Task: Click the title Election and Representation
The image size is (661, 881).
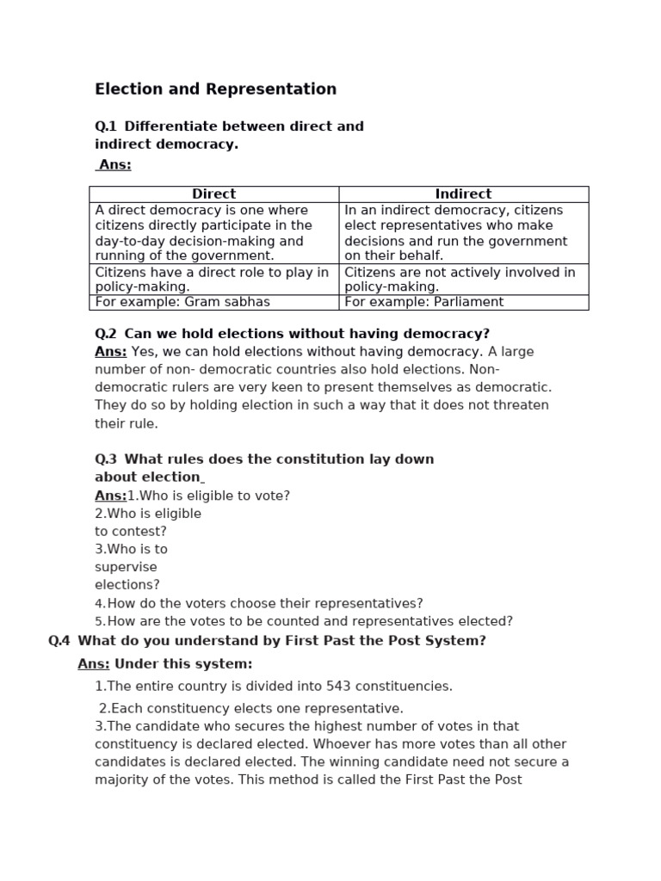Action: coord(215,89)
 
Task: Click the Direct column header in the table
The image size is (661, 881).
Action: coord(213,194)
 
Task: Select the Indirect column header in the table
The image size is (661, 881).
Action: coord(463,194)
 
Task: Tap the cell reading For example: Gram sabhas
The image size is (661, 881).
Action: coord(182,302)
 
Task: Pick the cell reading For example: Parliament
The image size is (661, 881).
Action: coord(424,302)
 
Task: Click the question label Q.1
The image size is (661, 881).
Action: coord(106,126)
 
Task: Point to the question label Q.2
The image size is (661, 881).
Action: coord(106,334)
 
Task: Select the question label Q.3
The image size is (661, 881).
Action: coord(106,459)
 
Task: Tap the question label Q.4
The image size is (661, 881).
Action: coord(59,641)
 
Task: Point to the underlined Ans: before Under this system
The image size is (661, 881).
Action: coord(93,664)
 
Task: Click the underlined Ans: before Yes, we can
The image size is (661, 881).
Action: coord(110,352)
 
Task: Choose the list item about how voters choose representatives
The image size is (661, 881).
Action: coord(259,604)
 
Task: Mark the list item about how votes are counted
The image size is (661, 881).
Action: coord(304,621)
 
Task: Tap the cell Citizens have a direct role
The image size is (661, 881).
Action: coord(212,280)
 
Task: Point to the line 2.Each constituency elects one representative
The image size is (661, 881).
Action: coord(250,709)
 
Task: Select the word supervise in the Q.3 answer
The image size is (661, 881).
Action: coord(126,568)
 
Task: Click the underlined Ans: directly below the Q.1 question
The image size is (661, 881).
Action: coord(114,165)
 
